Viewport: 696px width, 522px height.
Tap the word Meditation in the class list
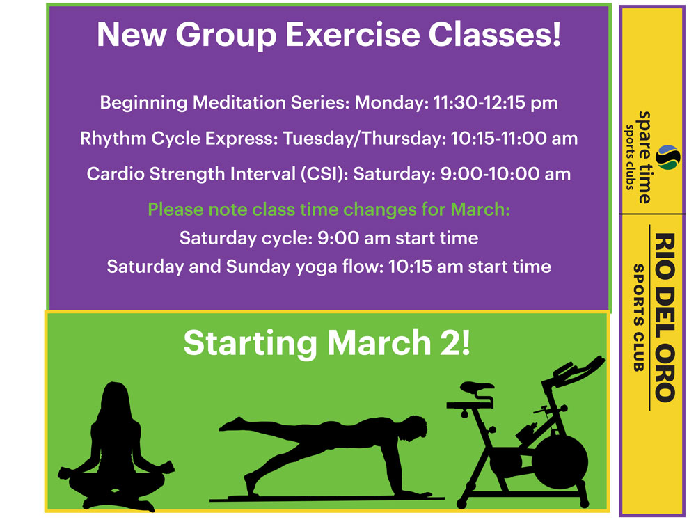(x=239, y=102)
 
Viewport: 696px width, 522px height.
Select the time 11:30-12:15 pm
(x=496, y=103)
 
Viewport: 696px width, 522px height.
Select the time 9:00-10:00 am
(x=505, y=174)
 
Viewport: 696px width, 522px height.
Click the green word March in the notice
(x=480, y=209)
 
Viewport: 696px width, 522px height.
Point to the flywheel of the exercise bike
(x=560, y=462)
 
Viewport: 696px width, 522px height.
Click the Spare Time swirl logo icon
(x=668, y=157)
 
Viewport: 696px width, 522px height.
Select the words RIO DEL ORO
(x=665, y=317)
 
